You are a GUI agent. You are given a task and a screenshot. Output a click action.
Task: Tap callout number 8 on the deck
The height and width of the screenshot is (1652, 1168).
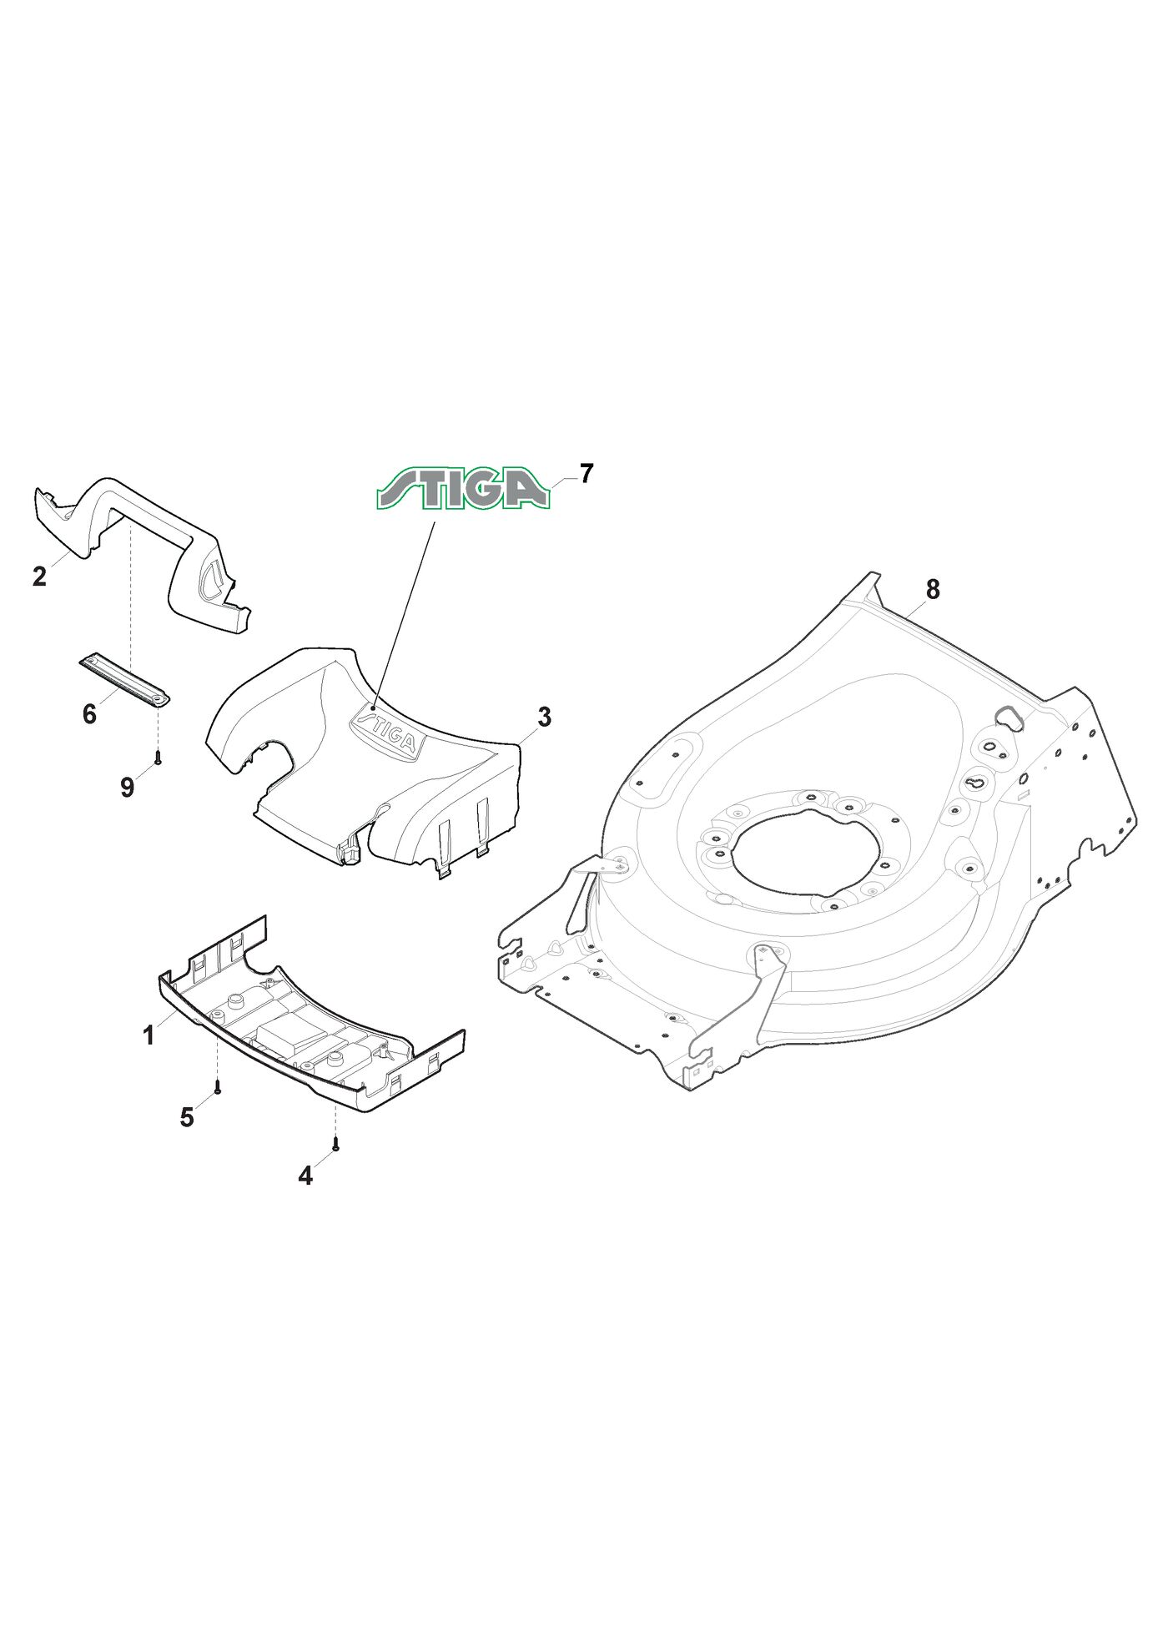[933, 589]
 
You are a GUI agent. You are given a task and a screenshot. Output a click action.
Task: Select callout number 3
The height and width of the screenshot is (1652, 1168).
[544, 716]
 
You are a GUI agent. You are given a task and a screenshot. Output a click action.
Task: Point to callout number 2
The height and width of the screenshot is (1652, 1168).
[39, 576]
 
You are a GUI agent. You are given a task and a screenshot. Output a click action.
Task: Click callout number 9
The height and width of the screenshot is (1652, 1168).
[127, 787]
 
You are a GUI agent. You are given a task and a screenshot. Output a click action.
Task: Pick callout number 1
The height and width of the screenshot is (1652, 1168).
[149, 1035]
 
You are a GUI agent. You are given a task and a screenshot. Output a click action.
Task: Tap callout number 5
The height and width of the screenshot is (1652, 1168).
[187, 1116]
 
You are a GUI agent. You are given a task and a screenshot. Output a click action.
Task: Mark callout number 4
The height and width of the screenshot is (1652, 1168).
[305, 1176]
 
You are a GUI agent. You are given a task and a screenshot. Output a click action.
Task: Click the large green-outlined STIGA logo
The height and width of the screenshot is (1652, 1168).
[463, 488]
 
